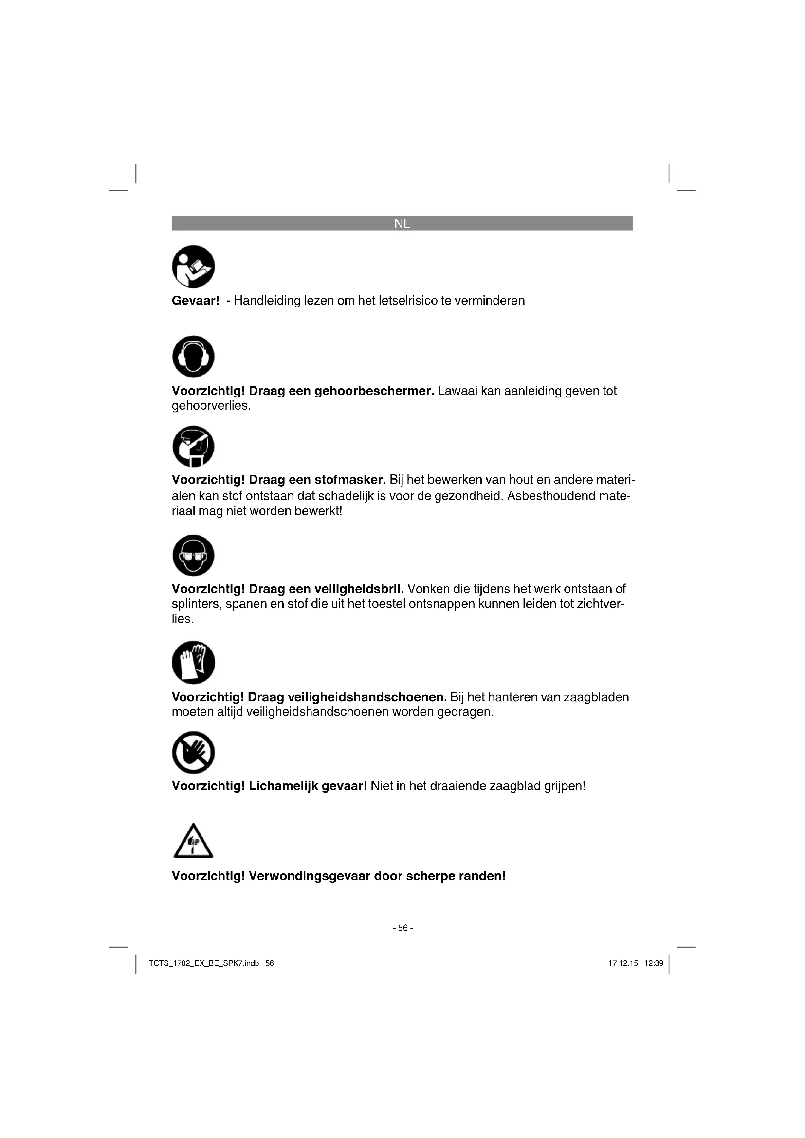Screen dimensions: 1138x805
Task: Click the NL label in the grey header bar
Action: [x=402, y=224]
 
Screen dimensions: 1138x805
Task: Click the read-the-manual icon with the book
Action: [x=193, y=266]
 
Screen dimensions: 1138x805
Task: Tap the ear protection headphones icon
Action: [x=193, y=356]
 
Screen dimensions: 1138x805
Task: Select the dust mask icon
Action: [x=193, y=446]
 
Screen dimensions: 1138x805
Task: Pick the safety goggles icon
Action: [x=193, y=555]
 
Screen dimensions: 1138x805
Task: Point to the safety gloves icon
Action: [x=193, y=663]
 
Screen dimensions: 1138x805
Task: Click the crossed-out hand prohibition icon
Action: [x=193, y=752]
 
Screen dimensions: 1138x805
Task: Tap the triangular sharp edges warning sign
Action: [x=193, y=842]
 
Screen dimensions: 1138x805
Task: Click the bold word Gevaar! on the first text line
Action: [x=195, y=301]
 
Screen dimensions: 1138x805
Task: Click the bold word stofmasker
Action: [x=350, y=480]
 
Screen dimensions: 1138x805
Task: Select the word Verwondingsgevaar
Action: [x=310, y=876]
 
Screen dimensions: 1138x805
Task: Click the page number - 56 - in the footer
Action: [x=402, y=928]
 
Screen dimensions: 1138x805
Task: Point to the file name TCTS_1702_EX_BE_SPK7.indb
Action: [x=204, y=963]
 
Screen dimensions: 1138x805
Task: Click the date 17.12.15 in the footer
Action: [x=623, y=963]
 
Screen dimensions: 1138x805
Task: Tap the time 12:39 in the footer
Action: [x=654, y=963]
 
